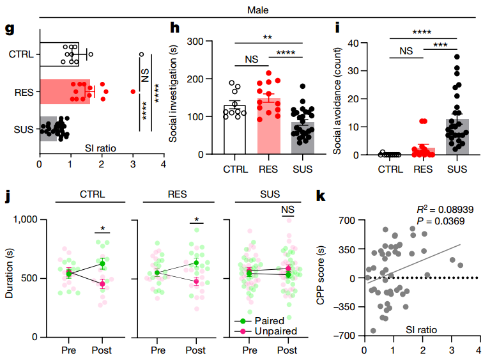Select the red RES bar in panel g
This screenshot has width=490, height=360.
(x=64, y=91)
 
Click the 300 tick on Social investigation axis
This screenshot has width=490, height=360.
(x=204, y=42)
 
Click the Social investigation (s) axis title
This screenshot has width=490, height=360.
(x=173, y=97)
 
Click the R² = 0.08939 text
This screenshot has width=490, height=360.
(x=444, y=209)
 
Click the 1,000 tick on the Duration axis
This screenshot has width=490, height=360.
(x=29, y=219)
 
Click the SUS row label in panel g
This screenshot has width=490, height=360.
(x=24, y=130)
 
